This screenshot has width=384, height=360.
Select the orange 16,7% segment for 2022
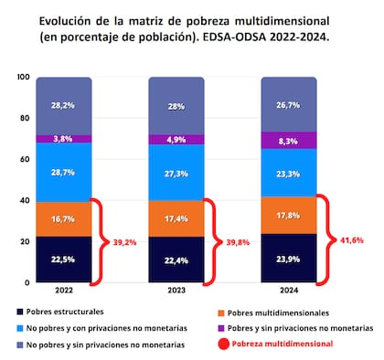[x=63, y=219]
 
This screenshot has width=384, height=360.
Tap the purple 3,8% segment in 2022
[x=63, y=140]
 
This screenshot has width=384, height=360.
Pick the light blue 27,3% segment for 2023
[x=176, y=172]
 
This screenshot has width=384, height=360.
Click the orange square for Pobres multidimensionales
[x=220, y=312]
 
